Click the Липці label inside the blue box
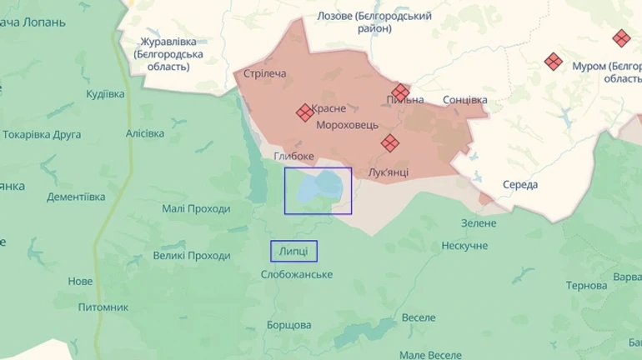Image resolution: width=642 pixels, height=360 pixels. (x=293, y=251)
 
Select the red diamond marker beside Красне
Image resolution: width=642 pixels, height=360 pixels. (x=305, y=112)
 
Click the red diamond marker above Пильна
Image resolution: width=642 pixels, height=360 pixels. (x=401, y=92)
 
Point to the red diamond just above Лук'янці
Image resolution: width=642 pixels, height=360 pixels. (x=389, y=143)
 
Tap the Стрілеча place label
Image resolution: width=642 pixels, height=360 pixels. (x=264, y=74)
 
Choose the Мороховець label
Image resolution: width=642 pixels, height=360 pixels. (x=347, y=125)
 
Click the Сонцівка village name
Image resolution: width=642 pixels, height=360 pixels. (x=464, y=100)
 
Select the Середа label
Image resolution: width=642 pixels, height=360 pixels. (x=520, y=184)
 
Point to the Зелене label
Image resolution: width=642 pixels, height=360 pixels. (x=479, y=222)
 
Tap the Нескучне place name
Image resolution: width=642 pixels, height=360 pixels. (x=464, y=246)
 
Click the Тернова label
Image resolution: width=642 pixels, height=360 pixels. (x=586, y=286)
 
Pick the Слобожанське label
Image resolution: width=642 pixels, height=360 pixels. (x=297, y=274)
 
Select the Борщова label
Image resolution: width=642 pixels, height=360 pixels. (x=288, y=324)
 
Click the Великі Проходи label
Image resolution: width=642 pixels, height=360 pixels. (x=192, y=256)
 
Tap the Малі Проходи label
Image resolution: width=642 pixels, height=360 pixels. (x=196, y=208)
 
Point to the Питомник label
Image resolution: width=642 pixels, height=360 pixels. (x=103, y=307)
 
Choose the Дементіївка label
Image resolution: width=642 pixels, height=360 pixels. (x=76, y=197)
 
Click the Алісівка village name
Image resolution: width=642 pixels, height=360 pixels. (x=145, y=133)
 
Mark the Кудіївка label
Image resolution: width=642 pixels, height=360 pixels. (x=105, y=94)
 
